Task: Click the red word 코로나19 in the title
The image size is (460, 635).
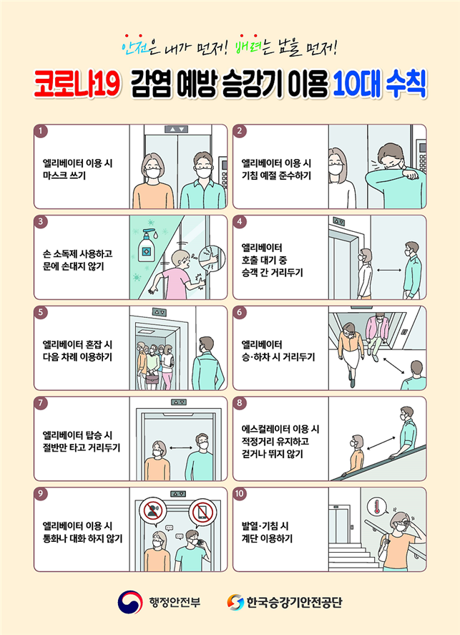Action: point(77,84)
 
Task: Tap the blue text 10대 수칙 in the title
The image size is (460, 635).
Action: point(379,84)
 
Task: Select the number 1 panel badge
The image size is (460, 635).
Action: point(41,131)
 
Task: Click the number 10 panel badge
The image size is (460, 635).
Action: point(240,494)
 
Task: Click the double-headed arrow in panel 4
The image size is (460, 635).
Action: point(388,270)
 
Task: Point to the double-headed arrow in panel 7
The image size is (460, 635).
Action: point(181,447)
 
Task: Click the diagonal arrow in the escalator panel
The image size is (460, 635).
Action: point(381,443)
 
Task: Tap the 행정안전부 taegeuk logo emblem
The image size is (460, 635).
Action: point(130,602)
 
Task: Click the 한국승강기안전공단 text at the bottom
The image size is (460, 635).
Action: point(295,602)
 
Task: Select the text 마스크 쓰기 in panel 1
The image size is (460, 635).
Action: point(64,176)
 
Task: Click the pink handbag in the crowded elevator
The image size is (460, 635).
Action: point(152,379)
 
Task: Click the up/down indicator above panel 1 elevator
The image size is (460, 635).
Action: point(177,129)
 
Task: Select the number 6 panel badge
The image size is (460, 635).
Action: point(240,312)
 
